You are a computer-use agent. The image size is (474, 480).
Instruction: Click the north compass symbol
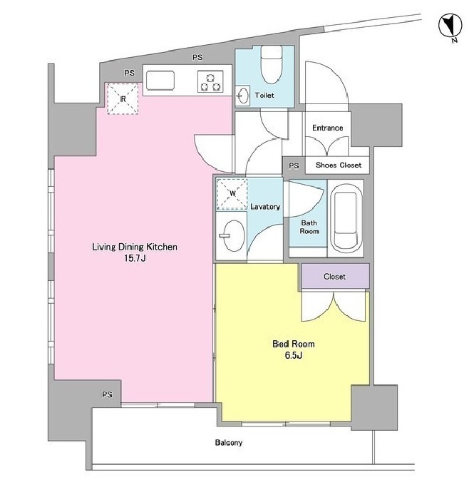tap(450, 26)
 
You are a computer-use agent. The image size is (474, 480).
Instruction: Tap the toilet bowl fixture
tap(272, 65)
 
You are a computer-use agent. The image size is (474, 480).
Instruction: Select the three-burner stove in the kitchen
tap(210, 82)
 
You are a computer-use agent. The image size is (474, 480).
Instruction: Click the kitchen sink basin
tap(160, 81)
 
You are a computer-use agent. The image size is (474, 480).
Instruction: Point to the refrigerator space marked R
tap(123, 99)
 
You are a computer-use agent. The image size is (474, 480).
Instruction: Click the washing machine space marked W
tap(232, 194)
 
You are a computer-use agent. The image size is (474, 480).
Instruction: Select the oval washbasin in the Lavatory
tap(234, 235)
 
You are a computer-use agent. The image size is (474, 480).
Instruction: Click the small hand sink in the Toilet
tap(243, 96)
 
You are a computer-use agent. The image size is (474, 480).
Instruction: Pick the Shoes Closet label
tap(339, 165)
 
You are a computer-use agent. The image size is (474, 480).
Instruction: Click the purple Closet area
tap(336, 276)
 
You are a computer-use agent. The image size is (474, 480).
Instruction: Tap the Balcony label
tap(229, 443)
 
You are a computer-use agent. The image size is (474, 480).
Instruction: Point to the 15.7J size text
tap(135, 258)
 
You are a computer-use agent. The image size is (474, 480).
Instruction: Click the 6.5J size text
tap(294, 355)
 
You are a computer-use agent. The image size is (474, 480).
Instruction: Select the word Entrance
tap(327, 128)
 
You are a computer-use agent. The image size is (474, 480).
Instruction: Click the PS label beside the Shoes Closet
tap(294, 165)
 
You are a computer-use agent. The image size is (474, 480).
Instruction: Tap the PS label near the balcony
tap(107, 395)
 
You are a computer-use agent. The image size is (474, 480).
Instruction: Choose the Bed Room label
tap(294, 344)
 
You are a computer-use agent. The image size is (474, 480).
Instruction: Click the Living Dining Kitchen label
tap(135, 247)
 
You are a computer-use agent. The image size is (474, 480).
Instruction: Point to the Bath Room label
tap(309, 227)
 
